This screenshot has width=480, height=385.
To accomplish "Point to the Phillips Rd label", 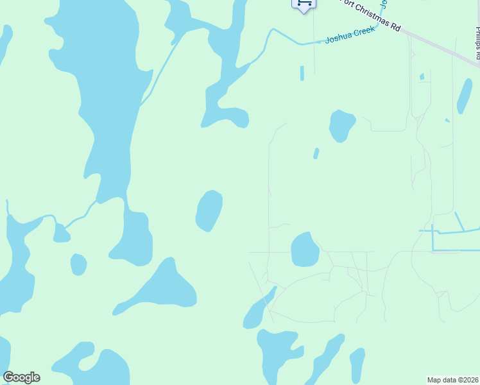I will pos(477,44).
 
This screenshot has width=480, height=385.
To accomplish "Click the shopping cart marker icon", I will pos(304,3).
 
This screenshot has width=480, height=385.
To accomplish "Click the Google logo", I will pos(21,377).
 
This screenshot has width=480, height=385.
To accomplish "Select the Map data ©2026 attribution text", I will pos(452,379).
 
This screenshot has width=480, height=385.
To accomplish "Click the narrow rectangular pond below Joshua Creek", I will pos(302,73).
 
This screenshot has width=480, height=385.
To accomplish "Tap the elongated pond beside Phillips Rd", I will pos(464,96).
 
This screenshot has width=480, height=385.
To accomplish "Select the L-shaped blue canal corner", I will pos(434,249).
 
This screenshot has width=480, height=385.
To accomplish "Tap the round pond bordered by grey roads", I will pos(305,250).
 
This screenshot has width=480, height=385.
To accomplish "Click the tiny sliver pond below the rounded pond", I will pos(316,153).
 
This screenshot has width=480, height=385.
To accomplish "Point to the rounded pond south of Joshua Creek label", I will pos(341,125).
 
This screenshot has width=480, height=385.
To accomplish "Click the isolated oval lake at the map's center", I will pos(209,210).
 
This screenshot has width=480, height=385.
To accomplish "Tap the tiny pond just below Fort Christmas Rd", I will pos(422,77).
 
